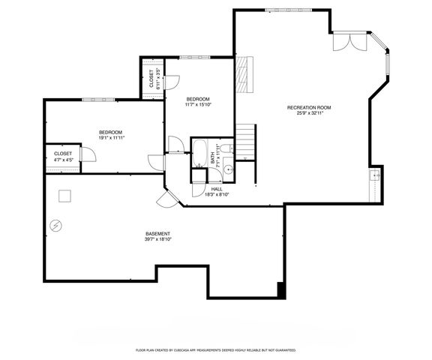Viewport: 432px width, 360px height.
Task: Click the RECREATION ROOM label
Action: (x=308, y=107)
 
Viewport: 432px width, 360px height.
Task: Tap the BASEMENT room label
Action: (x=158, y=233)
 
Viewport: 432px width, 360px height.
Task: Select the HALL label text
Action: (x=216, y=189)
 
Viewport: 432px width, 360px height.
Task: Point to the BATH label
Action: (x=213, y=160)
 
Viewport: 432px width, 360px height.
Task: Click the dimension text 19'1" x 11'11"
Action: (x=111, y=138)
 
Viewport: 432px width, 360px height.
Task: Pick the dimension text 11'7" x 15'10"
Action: (x=198, y=105)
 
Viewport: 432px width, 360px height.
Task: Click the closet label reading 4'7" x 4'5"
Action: (x=63, y=159)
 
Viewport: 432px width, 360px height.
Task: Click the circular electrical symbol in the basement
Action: (x=55, y=224)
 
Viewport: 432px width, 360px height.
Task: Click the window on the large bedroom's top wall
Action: (x=92, y=98)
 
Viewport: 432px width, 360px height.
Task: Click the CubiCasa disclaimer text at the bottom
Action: (x=216, y=350)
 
